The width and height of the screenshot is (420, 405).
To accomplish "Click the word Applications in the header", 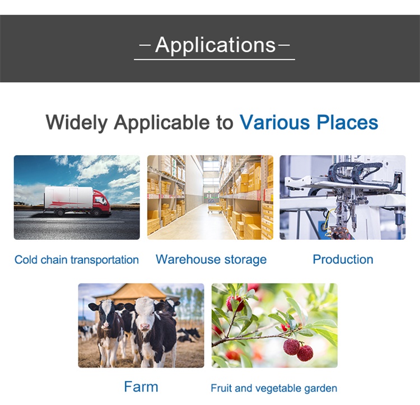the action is pos(216,45).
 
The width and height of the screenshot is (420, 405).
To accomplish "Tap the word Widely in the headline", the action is pos(77,123).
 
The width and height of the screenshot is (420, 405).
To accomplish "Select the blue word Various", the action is pos(274,123).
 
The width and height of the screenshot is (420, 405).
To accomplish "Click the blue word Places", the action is pos(347,123).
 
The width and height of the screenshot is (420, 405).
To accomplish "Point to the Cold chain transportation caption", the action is pos(77,260).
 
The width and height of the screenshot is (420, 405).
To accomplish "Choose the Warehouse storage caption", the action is pos(211,259).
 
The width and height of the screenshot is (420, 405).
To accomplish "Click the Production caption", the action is pos(343,259).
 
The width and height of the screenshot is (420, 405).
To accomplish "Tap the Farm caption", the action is pos(141,387).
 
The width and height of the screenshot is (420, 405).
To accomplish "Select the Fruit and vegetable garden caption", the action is pos(274,388).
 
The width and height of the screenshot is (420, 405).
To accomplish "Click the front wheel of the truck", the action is pos(96,213).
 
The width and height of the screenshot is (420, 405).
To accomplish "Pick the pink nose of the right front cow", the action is pos(145,326).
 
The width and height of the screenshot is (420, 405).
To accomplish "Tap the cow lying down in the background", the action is pos(189,335).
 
